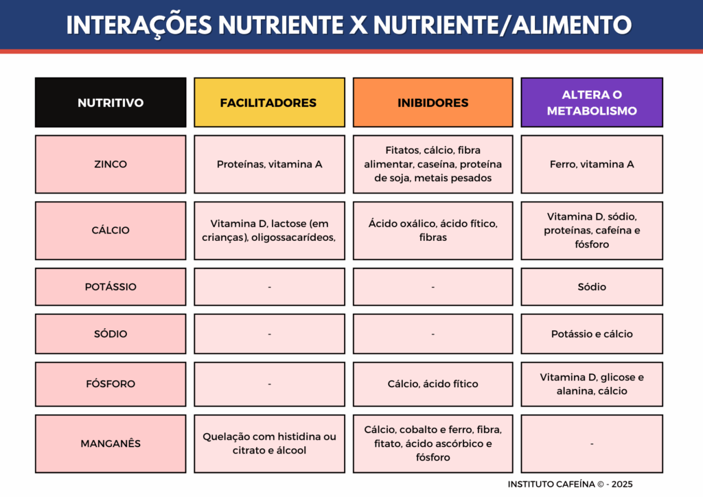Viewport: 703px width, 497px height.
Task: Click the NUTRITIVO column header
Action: pos(111,102)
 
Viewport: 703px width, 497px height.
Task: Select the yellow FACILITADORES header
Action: pos(269,102)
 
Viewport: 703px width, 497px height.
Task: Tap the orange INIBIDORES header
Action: pos(433,102)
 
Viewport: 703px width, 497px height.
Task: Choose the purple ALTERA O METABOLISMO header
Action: pos(592,102)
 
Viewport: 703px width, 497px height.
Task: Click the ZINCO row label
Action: pos(111,164)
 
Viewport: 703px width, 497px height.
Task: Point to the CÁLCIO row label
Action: pos(111,231)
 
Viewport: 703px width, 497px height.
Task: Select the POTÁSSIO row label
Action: pos(111,287)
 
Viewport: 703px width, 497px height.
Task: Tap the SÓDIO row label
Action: pos(111,334)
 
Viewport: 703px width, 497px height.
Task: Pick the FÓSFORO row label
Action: pos(111,384)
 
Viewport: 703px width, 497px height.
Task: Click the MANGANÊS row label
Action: pos(111,443)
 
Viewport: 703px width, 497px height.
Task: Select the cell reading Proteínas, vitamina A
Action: pos(269,164)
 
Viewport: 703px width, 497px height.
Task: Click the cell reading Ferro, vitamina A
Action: pos(592,164)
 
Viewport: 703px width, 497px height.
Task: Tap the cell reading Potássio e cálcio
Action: pos(592,334)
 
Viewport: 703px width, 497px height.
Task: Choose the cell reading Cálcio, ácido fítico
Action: pos(433,384)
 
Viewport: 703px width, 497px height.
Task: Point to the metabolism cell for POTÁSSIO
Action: pos(592,287)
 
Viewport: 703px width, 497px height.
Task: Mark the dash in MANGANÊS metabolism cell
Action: pos(592,443)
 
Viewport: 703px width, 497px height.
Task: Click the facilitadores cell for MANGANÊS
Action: pos(269,443)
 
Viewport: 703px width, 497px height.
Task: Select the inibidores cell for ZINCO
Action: pos(433,164)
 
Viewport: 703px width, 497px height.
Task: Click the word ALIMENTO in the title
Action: pos(572,25)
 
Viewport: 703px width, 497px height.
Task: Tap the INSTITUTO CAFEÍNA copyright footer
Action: pos(570,484)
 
